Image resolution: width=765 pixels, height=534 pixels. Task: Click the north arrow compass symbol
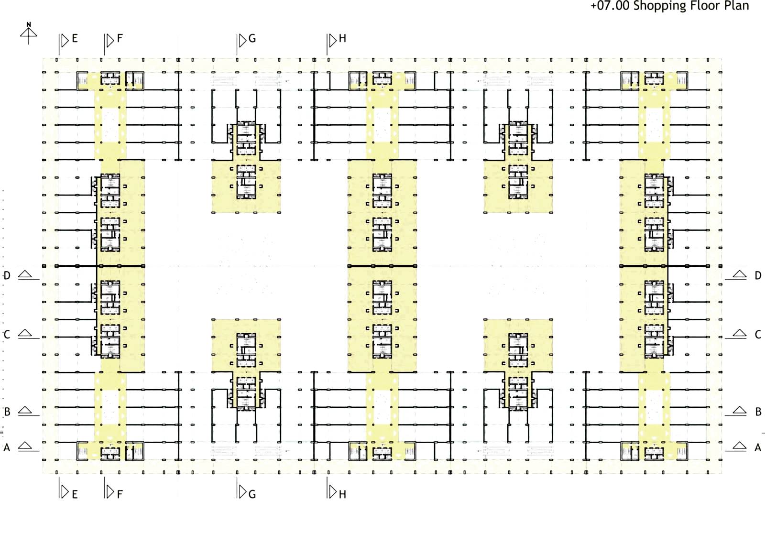[28, 33]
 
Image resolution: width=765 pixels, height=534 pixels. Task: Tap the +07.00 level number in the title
[610, 6]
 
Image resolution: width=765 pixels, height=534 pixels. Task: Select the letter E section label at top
[75, 39]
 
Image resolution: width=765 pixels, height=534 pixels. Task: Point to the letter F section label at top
[120, 38]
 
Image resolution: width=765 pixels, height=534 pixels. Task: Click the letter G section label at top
[252, 39]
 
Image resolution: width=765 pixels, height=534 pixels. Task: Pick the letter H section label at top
[342, 39]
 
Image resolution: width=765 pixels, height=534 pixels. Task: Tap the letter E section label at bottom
[75, 494]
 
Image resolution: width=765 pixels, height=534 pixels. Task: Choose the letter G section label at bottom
[252, 494]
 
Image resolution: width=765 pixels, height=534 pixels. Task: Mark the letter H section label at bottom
[342, 494]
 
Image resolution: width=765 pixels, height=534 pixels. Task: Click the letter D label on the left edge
[7, 275]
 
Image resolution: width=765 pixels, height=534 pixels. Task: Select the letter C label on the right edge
[758, 335]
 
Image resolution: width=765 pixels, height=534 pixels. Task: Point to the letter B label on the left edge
[7, 412]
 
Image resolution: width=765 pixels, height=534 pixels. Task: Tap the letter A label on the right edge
[758, 447]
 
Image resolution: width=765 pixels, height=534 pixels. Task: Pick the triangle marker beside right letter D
[740, 274]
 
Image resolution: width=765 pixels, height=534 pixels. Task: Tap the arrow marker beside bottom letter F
[110, 491]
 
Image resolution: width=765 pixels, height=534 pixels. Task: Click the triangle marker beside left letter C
[25, 333]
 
